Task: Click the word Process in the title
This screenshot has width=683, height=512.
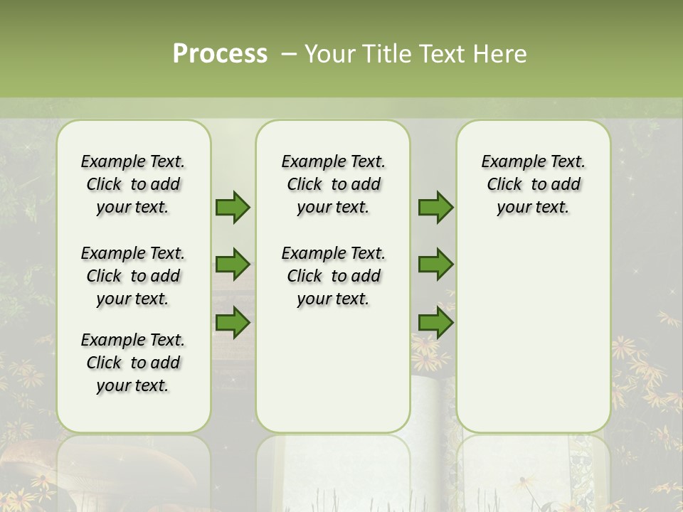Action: pyautogui.click(x=220, y=54)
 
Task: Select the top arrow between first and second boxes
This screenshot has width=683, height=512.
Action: pyautogui.click(x=233, y=208)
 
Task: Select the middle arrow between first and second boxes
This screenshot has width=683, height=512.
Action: pyautogui.click(x=233, y=265)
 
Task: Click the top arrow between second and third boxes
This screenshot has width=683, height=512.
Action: pyautogui.click(x=435, y=208)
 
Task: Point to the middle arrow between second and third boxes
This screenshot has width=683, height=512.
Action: pyautogui.click(x=435, y=265)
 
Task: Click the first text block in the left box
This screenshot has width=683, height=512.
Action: pyautogui.click(x=133, y=184)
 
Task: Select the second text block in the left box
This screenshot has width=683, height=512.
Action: pyautogui.click(x=133, y=276)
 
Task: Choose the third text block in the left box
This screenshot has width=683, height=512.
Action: pyautogui.click(x=133, y=363)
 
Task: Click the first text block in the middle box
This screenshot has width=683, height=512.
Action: pyautogui.click(x=334, y=184)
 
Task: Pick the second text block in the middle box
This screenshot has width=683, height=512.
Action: pyautogui.click(x=334, y=276)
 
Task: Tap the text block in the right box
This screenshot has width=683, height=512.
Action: pyautogui.click(x=534, y=184)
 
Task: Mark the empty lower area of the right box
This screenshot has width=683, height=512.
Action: pyautogui.click(x=534, y=327)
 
